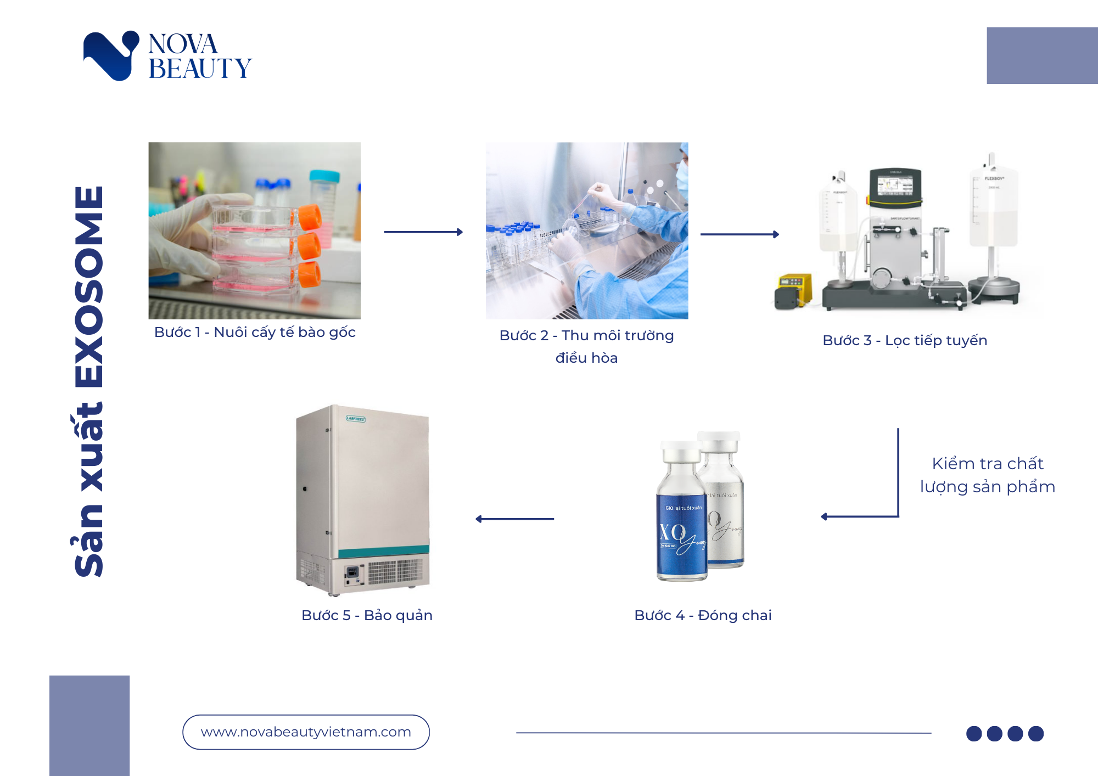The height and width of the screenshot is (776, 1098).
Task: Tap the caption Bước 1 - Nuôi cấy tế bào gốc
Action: (x=255, y=332)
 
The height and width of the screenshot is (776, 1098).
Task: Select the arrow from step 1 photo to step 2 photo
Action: (x=423, y=232)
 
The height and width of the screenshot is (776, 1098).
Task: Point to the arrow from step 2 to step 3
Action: (x=740, y=234)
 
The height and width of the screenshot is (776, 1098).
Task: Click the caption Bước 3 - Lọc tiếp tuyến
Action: (x=905, y=340)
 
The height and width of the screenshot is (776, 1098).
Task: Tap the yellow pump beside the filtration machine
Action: (x=793, y=289)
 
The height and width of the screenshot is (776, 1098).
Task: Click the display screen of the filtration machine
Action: (x=894, y=185)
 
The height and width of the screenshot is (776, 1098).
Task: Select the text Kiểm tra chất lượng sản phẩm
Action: (x=987, y=475)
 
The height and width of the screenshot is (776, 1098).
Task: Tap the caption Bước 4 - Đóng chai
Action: (x=703, y=615)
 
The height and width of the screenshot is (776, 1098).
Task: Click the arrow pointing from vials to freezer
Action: (x=514, y=519)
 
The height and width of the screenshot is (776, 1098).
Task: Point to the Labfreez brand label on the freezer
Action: (x=356, y=419)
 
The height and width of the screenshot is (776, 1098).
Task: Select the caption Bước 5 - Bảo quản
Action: (x=367, y=615)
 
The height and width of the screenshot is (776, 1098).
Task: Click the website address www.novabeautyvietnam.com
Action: (x=306, y=732)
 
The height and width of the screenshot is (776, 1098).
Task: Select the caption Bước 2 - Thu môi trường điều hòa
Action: (x=586, y=346)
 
